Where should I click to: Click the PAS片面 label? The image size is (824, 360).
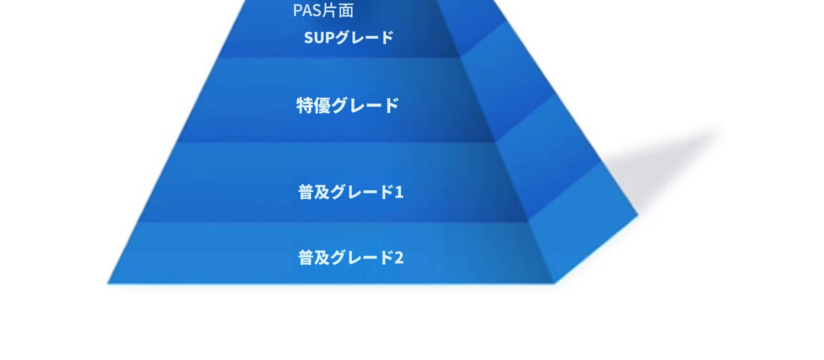tap(323, 10)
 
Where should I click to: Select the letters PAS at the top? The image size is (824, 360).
tap(307, 10)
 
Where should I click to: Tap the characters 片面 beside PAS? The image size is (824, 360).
tap(338, 10)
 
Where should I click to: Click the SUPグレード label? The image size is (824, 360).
tap(348, 37)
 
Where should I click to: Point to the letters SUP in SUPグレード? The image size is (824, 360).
tap(319, 38)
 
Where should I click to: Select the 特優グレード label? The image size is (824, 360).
tap(348, 105)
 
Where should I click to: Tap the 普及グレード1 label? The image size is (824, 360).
tap(350, 192)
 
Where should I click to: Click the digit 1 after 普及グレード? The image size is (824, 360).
tap(399, 192)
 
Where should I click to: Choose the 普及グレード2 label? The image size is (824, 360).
tap(350, 257)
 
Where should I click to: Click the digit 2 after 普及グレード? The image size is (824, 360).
tap(399, 258)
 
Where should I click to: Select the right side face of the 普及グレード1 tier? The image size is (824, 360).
tap(547, 161)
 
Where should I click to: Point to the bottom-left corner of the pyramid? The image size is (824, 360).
tap(107, 284)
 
